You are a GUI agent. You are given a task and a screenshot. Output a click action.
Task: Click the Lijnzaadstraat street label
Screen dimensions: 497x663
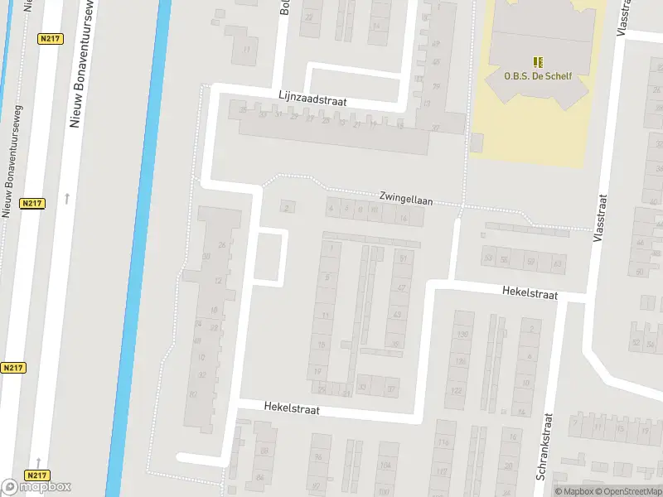pyautogui.click(x=312, y=99)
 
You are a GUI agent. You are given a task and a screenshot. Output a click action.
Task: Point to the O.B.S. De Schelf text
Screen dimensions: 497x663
pyautogui.click(x=538, y=76)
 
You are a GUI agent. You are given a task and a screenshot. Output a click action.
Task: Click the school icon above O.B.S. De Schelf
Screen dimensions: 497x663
pyautogui.click(x=538, y=62)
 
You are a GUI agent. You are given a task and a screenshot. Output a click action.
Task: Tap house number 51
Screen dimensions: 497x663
pyautogui.click(x=404, y=259)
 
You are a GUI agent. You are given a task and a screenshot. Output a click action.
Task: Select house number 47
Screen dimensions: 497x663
pyautogui.click(x=401, y=288)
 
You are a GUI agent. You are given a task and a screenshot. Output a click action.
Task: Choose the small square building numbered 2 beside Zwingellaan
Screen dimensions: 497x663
pyautogui.click(x=288, y=207)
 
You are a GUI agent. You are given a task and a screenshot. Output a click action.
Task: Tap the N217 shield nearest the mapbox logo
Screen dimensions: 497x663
pyautogui.click(x=36, y=475)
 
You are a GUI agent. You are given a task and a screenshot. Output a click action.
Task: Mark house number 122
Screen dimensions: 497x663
pyautogui.click(x=457, y=390)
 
